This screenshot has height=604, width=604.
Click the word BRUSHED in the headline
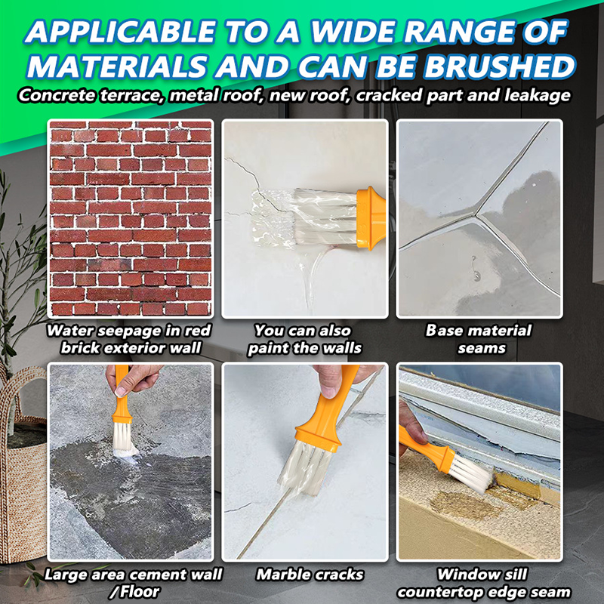[x=500, y=66]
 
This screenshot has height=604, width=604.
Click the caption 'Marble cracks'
[x=310, y=575]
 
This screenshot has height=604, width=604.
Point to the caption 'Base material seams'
[x=479, y=339]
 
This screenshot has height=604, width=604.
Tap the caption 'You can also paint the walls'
[x=305, y=339]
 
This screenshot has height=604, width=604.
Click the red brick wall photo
[x=131, y=218]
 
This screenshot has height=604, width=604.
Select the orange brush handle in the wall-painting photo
[x=371, y=218]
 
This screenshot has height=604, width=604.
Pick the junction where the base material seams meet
[x=477, y=215]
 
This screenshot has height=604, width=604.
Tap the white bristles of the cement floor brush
[x=122, y=439]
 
